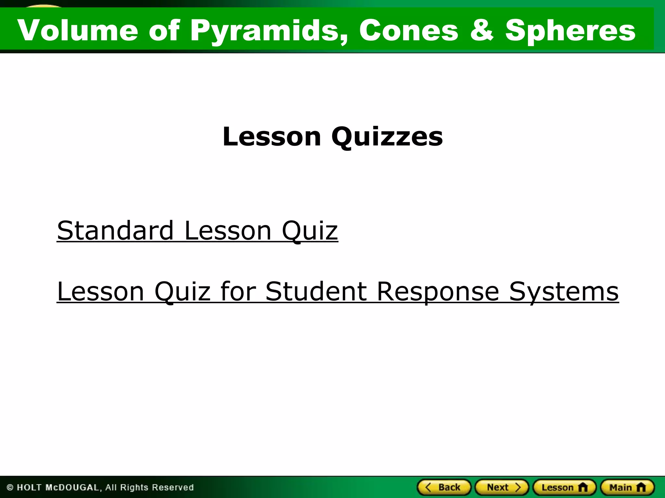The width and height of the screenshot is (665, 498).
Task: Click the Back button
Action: (x=444, y=487)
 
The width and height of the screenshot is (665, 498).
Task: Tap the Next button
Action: (x=502, y=487)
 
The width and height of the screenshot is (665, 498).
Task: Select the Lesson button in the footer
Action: (x=564, y=487)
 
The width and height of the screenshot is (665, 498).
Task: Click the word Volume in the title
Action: (x=78, y=30)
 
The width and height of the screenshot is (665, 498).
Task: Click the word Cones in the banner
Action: (x=408, y=30)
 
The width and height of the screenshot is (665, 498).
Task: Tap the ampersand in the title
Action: (x=482, y=30)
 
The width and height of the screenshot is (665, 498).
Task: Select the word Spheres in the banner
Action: (x=570, y=31)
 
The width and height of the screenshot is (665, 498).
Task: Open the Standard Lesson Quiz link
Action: (x=197, y=231)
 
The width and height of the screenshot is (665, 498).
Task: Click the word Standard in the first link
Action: (x=115, y=231)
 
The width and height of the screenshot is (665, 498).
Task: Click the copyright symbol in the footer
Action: (x=10, y=488)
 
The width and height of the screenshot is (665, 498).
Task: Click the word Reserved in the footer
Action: (x=172, y=488)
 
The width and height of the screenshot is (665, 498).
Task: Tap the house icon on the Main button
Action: (x=641, y=487)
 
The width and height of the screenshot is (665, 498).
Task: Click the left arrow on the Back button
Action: (x=428, y=487)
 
